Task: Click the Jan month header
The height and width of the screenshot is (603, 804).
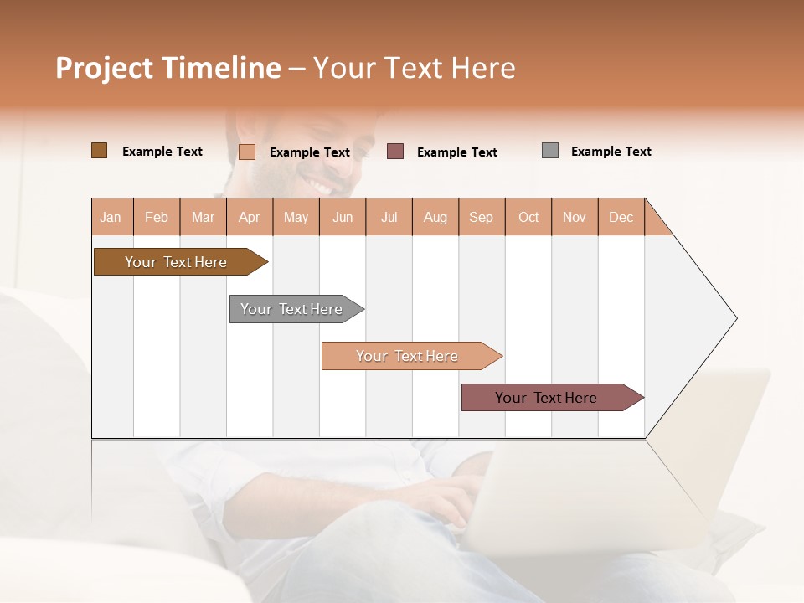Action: pos(111,217)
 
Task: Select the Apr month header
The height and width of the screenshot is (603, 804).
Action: pos(250,217)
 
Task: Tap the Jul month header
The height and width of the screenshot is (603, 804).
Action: pos(389,217)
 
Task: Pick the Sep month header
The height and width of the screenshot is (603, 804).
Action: pos(482,217)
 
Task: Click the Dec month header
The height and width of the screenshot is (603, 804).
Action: pos(621,217)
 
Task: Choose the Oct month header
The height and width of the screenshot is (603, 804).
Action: pos(528,217)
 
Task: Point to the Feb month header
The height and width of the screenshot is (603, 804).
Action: pos(157,217)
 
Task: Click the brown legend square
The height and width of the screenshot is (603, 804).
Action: pos(99,151)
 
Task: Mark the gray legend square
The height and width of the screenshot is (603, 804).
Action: pos(550,151)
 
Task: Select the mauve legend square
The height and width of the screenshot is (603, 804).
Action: pos(395,152)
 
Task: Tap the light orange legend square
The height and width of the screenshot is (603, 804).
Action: pos(246,152)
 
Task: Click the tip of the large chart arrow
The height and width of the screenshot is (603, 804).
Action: pos(735,318)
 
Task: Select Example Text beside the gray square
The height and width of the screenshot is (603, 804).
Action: pos(611,152)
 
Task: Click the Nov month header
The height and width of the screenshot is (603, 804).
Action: pos(575,217)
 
